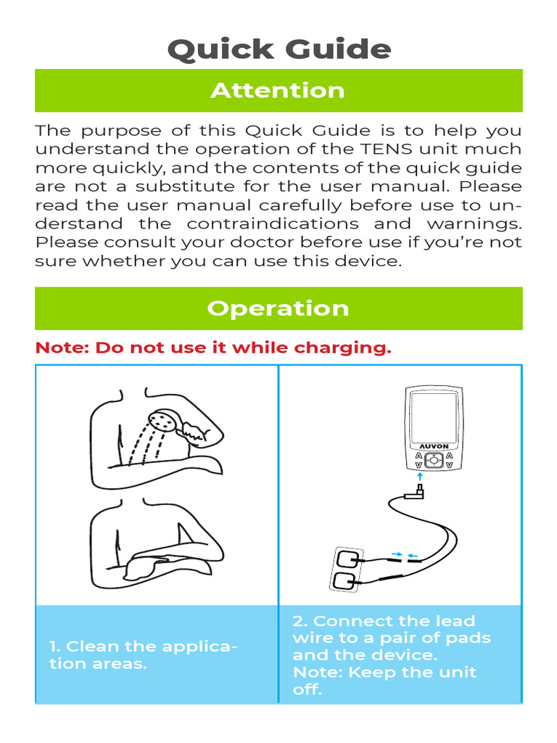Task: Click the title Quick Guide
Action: [x=278, y=50]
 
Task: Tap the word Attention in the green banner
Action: [x=278, y=91]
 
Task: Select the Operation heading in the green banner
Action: [x=278, y=308]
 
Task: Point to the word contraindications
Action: [x=272, y=223]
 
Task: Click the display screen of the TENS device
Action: [x=432, y=413]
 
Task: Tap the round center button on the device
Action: [x=432, y=459]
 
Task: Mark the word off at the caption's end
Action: [x=307, y=689]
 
